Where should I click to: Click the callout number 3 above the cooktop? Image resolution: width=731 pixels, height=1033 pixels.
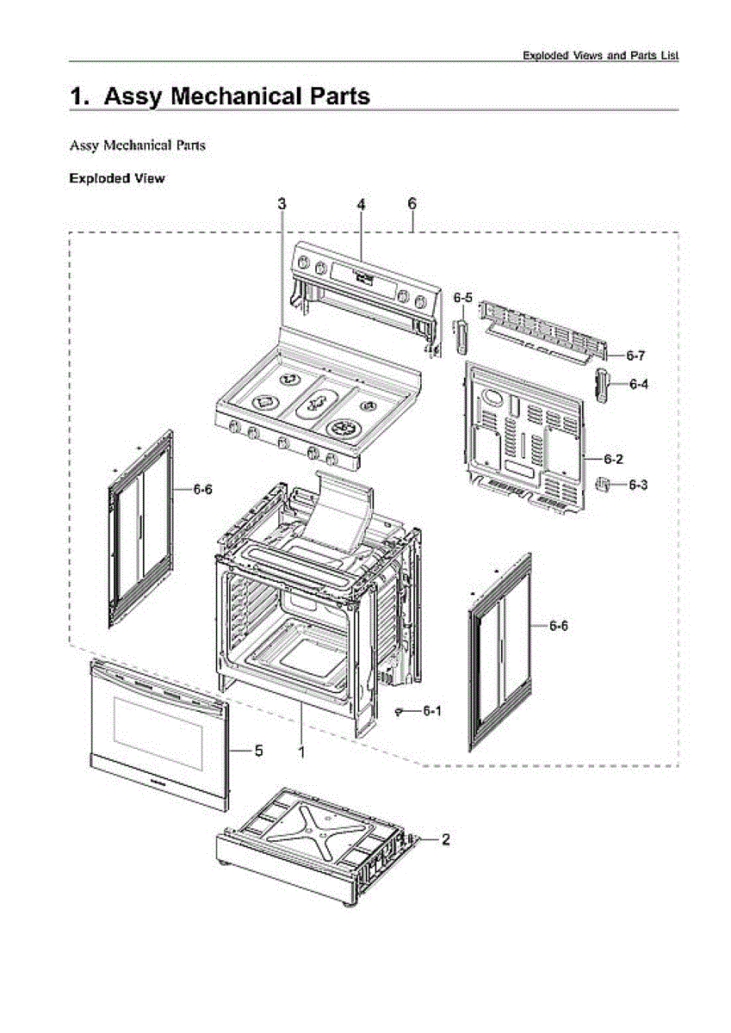click(282, 204)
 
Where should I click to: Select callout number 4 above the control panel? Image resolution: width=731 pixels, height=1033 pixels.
click(362, 204)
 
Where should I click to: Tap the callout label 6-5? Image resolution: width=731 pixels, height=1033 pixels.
click(463, 298)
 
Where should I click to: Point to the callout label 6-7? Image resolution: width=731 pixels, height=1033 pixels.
click(635, 355)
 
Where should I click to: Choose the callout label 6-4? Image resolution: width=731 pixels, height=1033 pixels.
click(638, 385)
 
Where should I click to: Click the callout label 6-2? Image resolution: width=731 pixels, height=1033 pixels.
click(613, 457)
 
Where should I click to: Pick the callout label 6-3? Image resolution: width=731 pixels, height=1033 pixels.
click(638, 486)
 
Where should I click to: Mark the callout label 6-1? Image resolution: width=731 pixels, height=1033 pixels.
click(432, 712)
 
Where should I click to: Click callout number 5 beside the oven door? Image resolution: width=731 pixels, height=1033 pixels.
click(257, 751)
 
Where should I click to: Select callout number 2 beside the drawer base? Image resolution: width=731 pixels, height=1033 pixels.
click(445, 838)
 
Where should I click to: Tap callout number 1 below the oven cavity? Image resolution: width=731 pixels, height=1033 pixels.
click(301, 751)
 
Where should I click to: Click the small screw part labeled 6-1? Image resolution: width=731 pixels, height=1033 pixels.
click(402, 709)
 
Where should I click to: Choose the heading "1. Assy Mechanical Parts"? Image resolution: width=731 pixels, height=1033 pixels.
click(220, 96)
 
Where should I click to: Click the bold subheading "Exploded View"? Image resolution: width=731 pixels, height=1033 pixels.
click(116, 179)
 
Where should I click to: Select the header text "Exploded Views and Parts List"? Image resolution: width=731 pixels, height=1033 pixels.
click(600, 55)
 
